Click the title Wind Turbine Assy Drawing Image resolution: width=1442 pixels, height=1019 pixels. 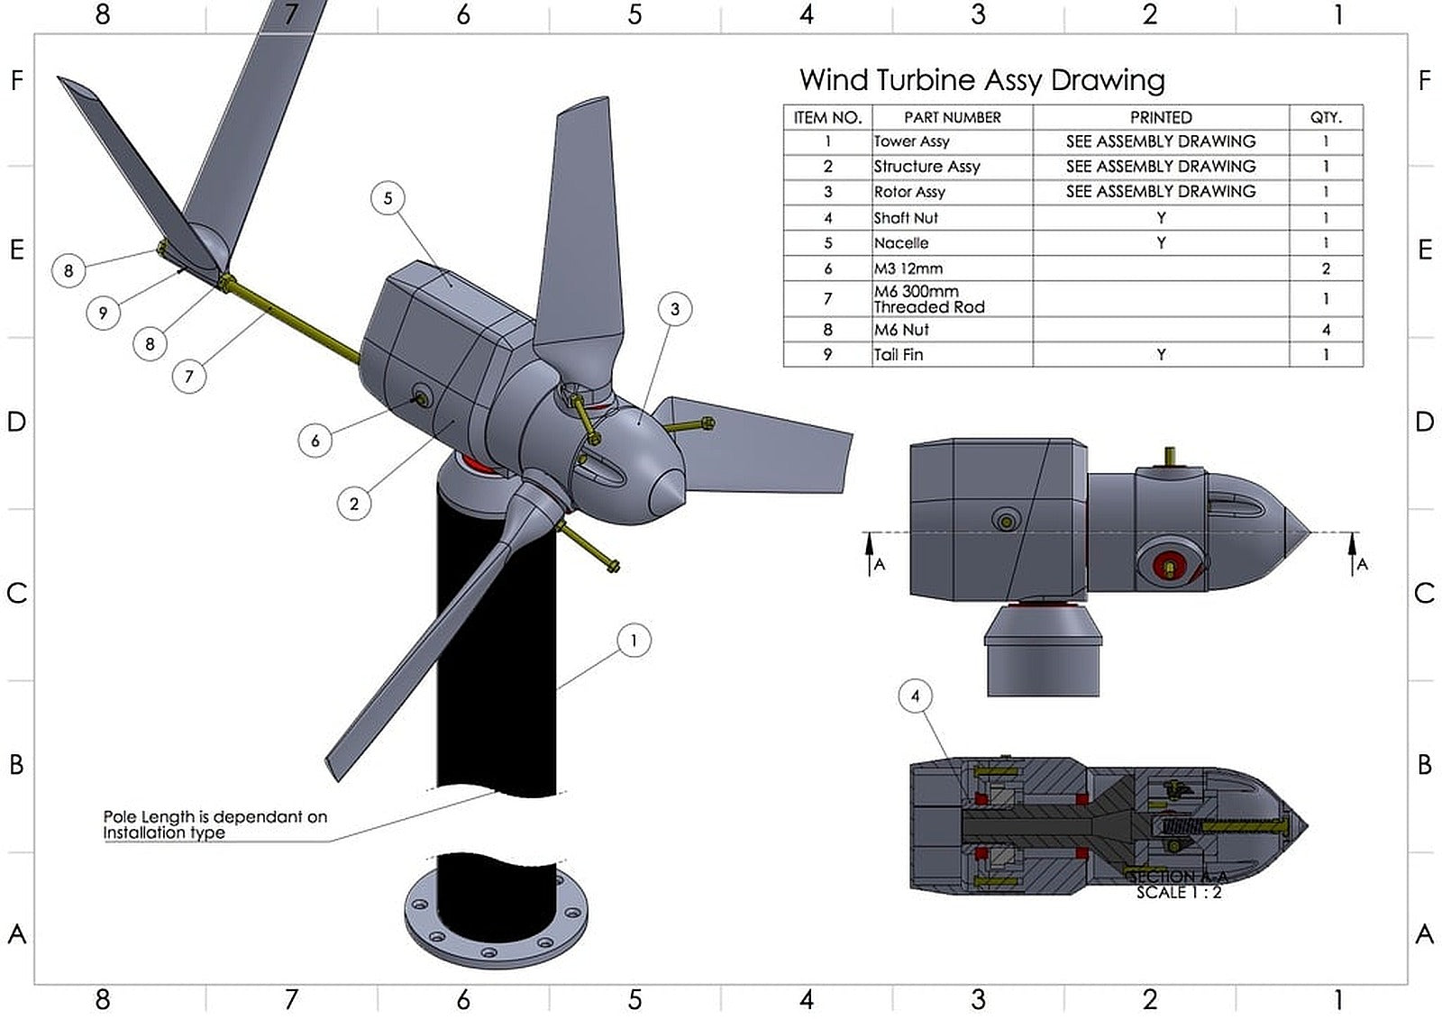[981, 80]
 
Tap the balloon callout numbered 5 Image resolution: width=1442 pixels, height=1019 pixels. [388, 198]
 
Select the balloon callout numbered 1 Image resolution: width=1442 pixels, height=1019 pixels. [634, 641]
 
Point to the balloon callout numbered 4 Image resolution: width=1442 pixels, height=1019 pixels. [915, 696]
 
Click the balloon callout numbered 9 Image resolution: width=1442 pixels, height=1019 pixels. [103, 313]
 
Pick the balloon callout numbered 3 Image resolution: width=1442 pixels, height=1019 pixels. [674, 309]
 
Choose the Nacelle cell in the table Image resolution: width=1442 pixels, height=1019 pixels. [901, 243]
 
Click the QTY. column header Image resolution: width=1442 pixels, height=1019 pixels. [1325, 117]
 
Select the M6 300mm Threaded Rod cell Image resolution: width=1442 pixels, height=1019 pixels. [928, 299]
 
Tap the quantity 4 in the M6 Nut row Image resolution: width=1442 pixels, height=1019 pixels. [1325, 330]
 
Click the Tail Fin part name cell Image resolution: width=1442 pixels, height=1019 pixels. [899, 355]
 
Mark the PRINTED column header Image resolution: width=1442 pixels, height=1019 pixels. [1160, 117]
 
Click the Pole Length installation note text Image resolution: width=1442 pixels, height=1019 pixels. [214, 824]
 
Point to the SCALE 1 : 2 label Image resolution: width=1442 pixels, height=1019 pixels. [1178, 892]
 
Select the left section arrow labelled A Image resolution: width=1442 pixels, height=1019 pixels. [871, 552]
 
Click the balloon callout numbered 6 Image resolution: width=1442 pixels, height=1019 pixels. [315, 441]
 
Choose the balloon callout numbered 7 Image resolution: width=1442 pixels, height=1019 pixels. [188, 376]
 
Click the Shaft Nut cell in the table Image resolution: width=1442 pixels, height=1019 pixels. [906, 218]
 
